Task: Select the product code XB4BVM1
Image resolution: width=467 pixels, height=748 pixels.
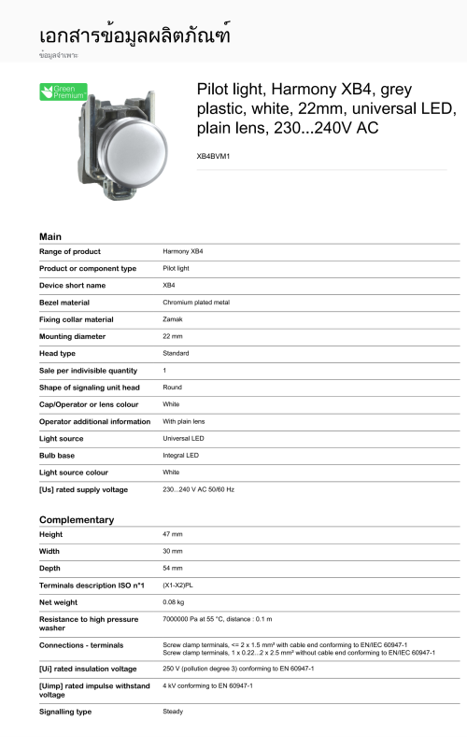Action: click(x=213, y=156)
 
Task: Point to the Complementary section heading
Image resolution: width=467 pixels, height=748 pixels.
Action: click(x=77, y=519)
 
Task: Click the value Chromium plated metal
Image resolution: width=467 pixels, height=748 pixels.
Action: click(x=196, y=303)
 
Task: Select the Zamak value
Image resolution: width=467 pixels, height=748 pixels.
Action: click(x=173, y=319)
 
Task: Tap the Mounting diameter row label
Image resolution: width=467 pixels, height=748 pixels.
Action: click(x=72, y=336)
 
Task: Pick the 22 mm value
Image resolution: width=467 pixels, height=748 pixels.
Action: click(x=173, y=336)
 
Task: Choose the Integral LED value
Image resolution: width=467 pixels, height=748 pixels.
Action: click(x=180, y=455)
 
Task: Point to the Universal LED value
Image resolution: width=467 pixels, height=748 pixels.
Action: click(x=183, y=438)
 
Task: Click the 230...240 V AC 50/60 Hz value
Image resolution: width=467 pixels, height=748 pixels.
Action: click(x=198, y=488)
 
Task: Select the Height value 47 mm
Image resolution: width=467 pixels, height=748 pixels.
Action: click(x=173, y=534)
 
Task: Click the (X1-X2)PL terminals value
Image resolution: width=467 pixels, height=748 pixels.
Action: click(x=180, y=585)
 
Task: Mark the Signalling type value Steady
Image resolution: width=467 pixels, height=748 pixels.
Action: click(x=173, y=712)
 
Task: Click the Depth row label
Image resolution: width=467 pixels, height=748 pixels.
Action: click(x=51, y=568)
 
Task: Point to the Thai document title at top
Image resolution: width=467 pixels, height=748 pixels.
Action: click(x=134, y=35)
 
